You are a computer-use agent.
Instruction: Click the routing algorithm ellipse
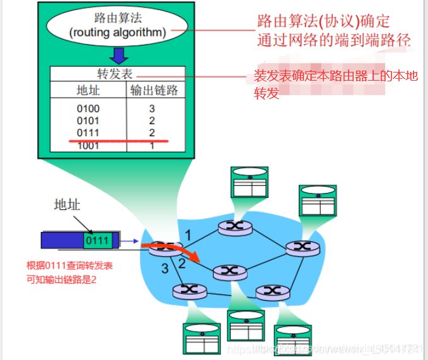[x=117, y=25]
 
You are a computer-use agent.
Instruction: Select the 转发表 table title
[x=118, y=73]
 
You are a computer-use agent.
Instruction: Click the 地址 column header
[x=88, y=90]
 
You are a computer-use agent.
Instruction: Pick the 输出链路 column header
[x=154, y=90]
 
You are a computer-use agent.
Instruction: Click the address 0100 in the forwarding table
[x=88, y=108]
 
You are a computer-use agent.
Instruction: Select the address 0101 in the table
[x=88, y=120]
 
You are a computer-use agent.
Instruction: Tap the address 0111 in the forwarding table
[x=88, y=132]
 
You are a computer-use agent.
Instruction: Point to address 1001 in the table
[x=88, y=146]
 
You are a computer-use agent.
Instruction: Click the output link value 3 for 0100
[x=152, y=108]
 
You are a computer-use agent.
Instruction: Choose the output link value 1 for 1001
[x=152, y=146]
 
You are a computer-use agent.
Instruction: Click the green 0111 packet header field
[x=98, y=240]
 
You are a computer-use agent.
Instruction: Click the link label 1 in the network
[x=187, y=235]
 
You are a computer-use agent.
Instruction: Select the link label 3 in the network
[x=165, y=269]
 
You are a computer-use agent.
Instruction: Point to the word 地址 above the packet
[x=67, y=204]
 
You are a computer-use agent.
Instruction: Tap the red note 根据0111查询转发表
[x=69, y=266]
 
